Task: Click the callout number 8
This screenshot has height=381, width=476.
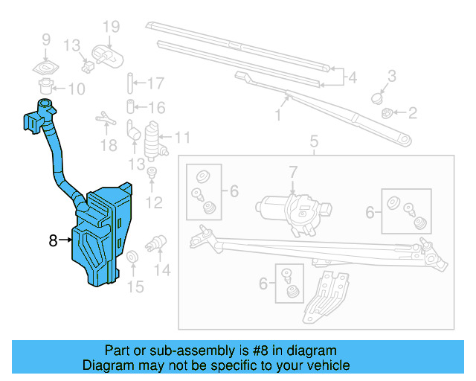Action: [x=53, y=240]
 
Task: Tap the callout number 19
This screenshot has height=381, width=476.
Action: [x=110, y=28]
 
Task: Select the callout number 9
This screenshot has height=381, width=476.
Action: [x=45, y=40]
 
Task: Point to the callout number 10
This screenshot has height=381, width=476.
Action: [x=77, y=89]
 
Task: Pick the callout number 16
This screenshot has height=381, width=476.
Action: [x=156, y=107]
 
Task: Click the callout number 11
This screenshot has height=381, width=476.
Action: [x=182, y=138]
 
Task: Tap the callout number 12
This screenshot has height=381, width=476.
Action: [x=154, y=201]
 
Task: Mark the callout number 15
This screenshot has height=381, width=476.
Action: [x=135, y=286]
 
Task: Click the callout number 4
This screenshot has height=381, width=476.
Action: [x=352, y=76]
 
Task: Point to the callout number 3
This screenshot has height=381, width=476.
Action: [x=392, y=75]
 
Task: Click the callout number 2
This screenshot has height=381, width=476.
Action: [x=411, y=113]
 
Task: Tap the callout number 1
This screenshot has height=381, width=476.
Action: [x=278, y=115]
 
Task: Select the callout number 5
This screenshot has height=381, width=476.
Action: [x=313, y=141]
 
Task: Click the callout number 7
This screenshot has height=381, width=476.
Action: [x=293, y=173]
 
